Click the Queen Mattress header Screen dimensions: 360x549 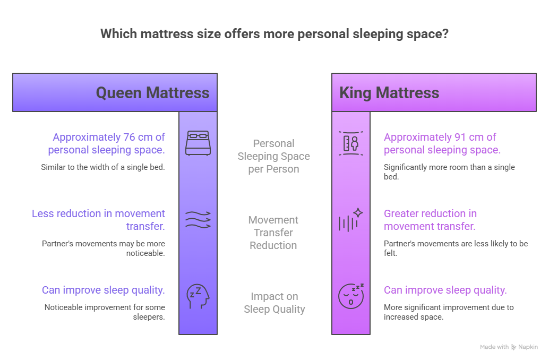tap(152, 93)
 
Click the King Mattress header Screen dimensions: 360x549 tap(389, 93)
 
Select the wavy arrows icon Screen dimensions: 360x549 tap(198, 219)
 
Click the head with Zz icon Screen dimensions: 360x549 tap(198, 296)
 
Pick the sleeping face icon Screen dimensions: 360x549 tap(351, 295)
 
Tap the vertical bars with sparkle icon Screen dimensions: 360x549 tap(351, 219)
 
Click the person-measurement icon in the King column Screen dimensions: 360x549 tap(351, 143)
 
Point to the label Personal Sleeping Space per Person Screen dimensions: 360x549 tap(273, 156)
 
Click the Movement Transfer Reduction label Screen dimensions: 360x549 tap(273, 233)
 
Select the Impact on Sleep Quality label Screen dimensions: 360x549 tap(274, 303)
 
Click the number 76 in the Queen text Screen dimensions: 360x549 tap(127, 138)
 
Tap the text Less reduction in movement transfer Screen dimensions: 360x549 tap(99, 220)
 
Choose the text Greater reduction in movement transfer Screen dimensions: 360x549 tap(430, 220)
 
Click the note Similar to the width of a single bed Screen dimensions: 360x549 tap(103, 167)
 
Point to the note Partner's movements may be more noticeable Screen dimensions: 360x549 tap(104, 248)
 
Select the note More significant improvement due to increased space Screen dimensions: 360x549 tap(449, 312)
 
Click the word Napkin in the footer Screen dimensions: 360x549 tap(528, 347)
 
